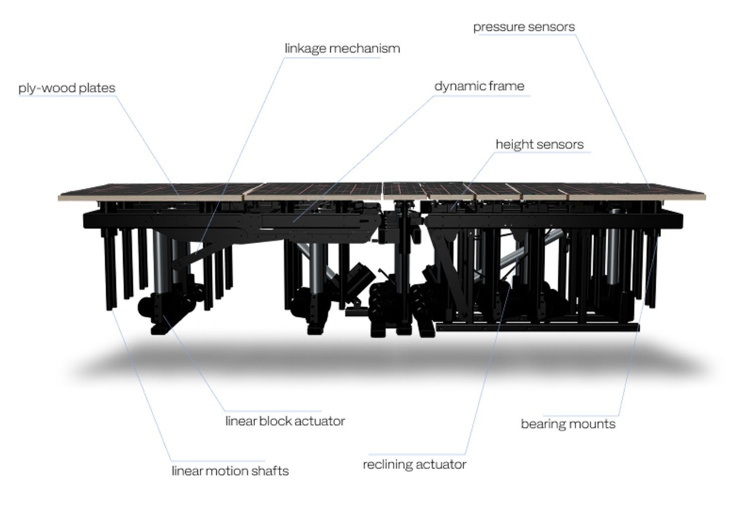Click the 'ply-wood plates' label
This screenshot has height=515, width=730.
67,88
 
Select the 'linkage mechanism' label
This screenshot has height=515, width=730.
342,49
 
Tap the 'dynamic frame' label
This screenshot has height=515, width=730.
479,86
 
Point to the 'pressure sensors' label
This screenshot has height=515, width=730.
524,27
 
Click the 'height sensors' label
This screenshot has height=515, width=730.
539,145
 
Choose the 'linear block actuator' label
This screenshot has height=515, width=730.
285,421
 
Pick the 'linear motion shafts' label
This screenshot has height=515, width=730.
230,471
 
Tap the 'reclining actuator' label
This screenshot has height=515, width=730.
414,464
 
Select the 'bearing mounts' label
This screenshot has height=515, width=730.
568,424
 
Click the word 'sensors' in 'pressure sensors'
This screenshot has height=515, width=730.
553,27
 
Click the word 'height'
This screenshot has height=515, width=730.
513,145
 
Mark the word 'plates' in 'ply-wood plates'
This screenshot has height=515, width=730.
98,88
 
